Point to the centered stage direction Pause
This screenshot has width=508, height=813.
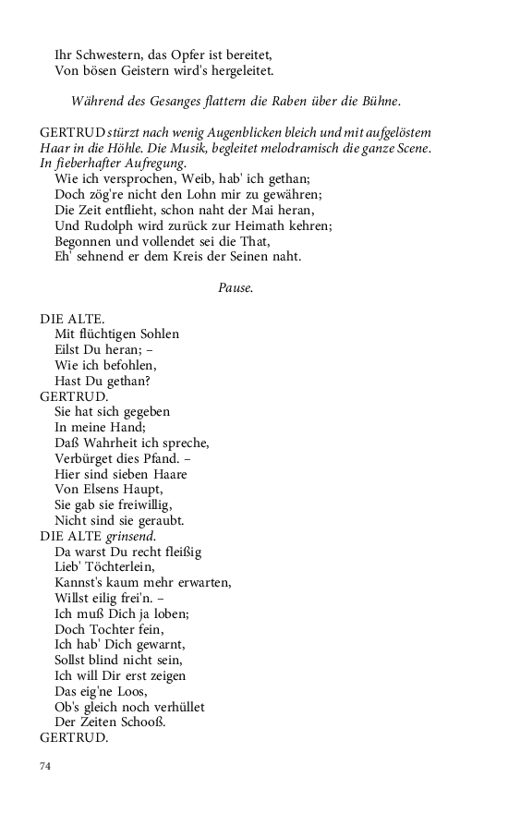tap(236, 287)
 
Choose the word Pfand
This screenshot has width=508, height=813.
tap(157, 458)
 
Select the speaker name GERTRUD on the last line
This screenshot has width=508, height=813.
tap(74, 739)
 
